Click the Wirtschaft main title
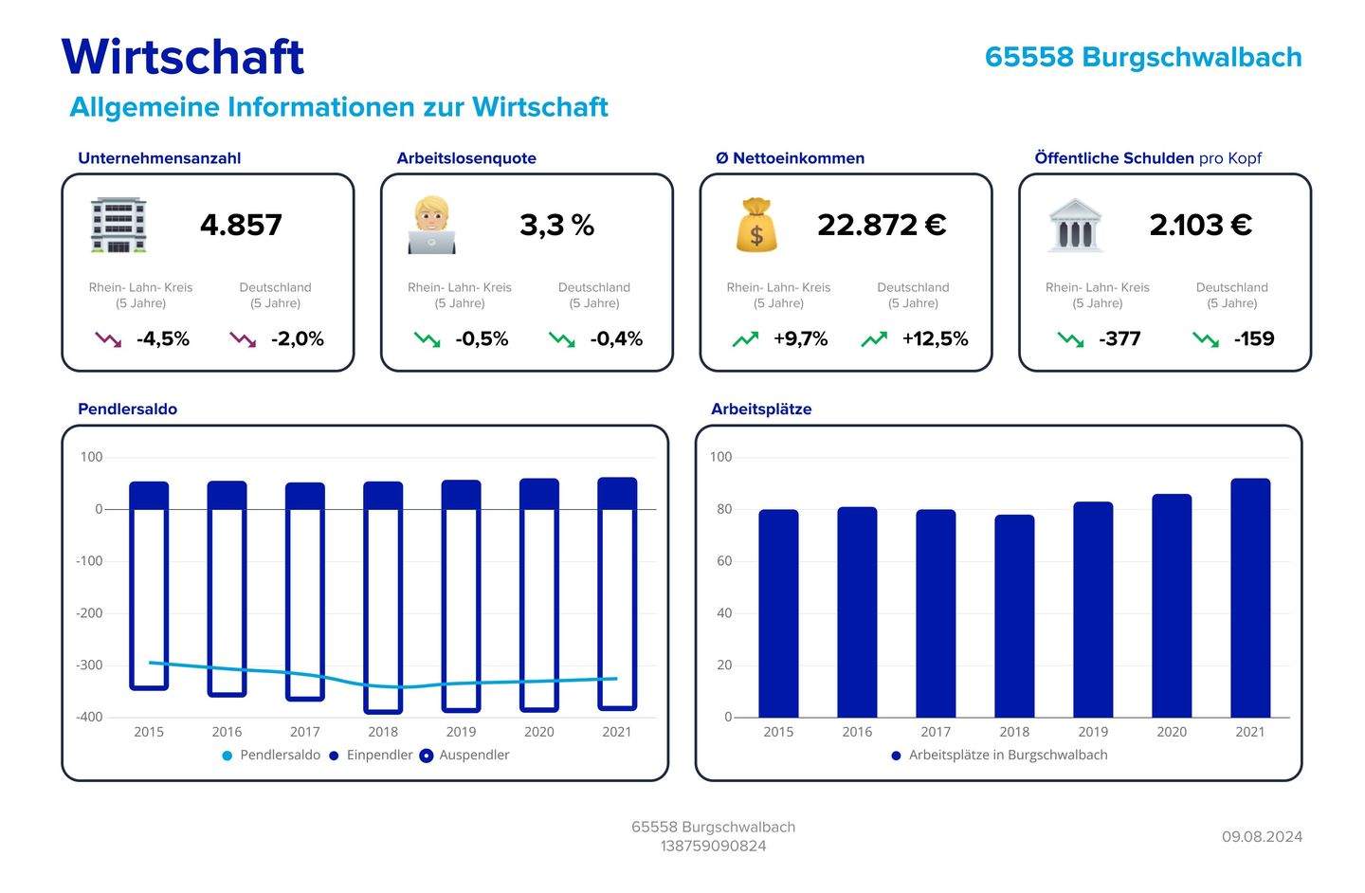pos(182,57)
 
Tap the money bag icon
pos(755,226)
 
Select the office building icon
pos(118,226)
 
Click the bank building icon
pos(1075,226)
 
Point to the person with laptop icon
pos(431,226)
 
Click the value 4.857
pos(241,226)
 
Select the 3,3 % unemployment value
pos(556,226)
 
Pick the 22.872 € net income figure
pos(882,226)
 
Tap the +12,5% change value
pos(935,339)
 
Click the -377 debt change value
pos(1119,339)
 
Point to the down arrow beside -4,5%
pos(108,339)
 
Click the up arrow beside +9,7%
pos(745,339)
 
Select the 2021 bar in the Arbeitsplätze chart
pos(1249,598)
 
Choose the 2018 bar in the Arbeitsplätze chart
pos(1013,616)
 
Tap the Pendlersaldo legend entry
pos(271,756)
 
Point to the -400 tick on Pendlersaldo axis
pos(89,718)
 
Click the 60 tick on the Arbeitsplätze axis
pos(723,561)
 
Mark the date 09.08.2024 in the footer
pos(1262,837)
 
